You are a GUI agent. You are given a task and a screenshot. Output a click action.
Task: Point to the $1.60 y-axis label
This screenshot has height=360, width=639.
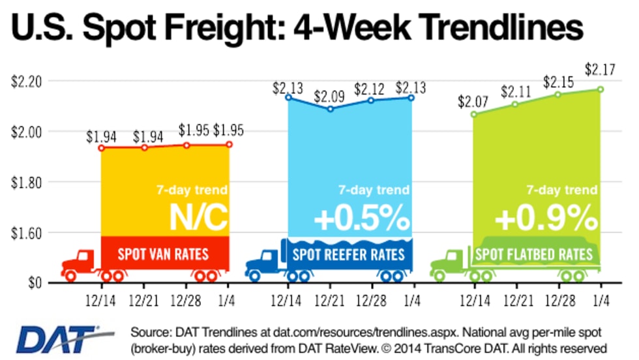coord(25,233)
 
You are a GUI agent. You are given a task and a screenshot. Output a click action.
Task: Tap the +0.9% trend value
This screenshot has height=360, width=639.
coord(546,220)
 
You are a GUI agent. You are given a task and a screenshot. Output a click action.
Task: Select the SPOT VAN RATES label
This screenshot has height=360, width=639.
coord(164,253)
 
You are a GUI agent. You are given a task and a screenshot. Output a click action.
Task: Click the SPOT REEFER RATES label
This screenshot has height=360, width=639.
coord(349,253)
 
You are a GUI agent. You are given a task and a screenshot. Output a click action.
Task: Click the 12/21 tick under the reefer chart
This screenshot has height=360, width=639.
coord(330,302)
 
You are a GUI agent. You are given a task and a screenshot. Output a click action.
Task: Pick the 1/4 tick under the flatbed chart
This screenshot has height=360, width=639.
coord(599,302)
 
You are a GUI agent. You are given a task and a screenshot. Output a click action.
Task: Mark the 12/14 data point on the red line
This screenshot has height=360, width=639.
coord(102,148)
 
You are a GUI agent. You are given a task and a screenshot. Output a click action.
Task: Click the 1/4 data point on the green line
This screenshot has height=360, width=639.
coord(600,89)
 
